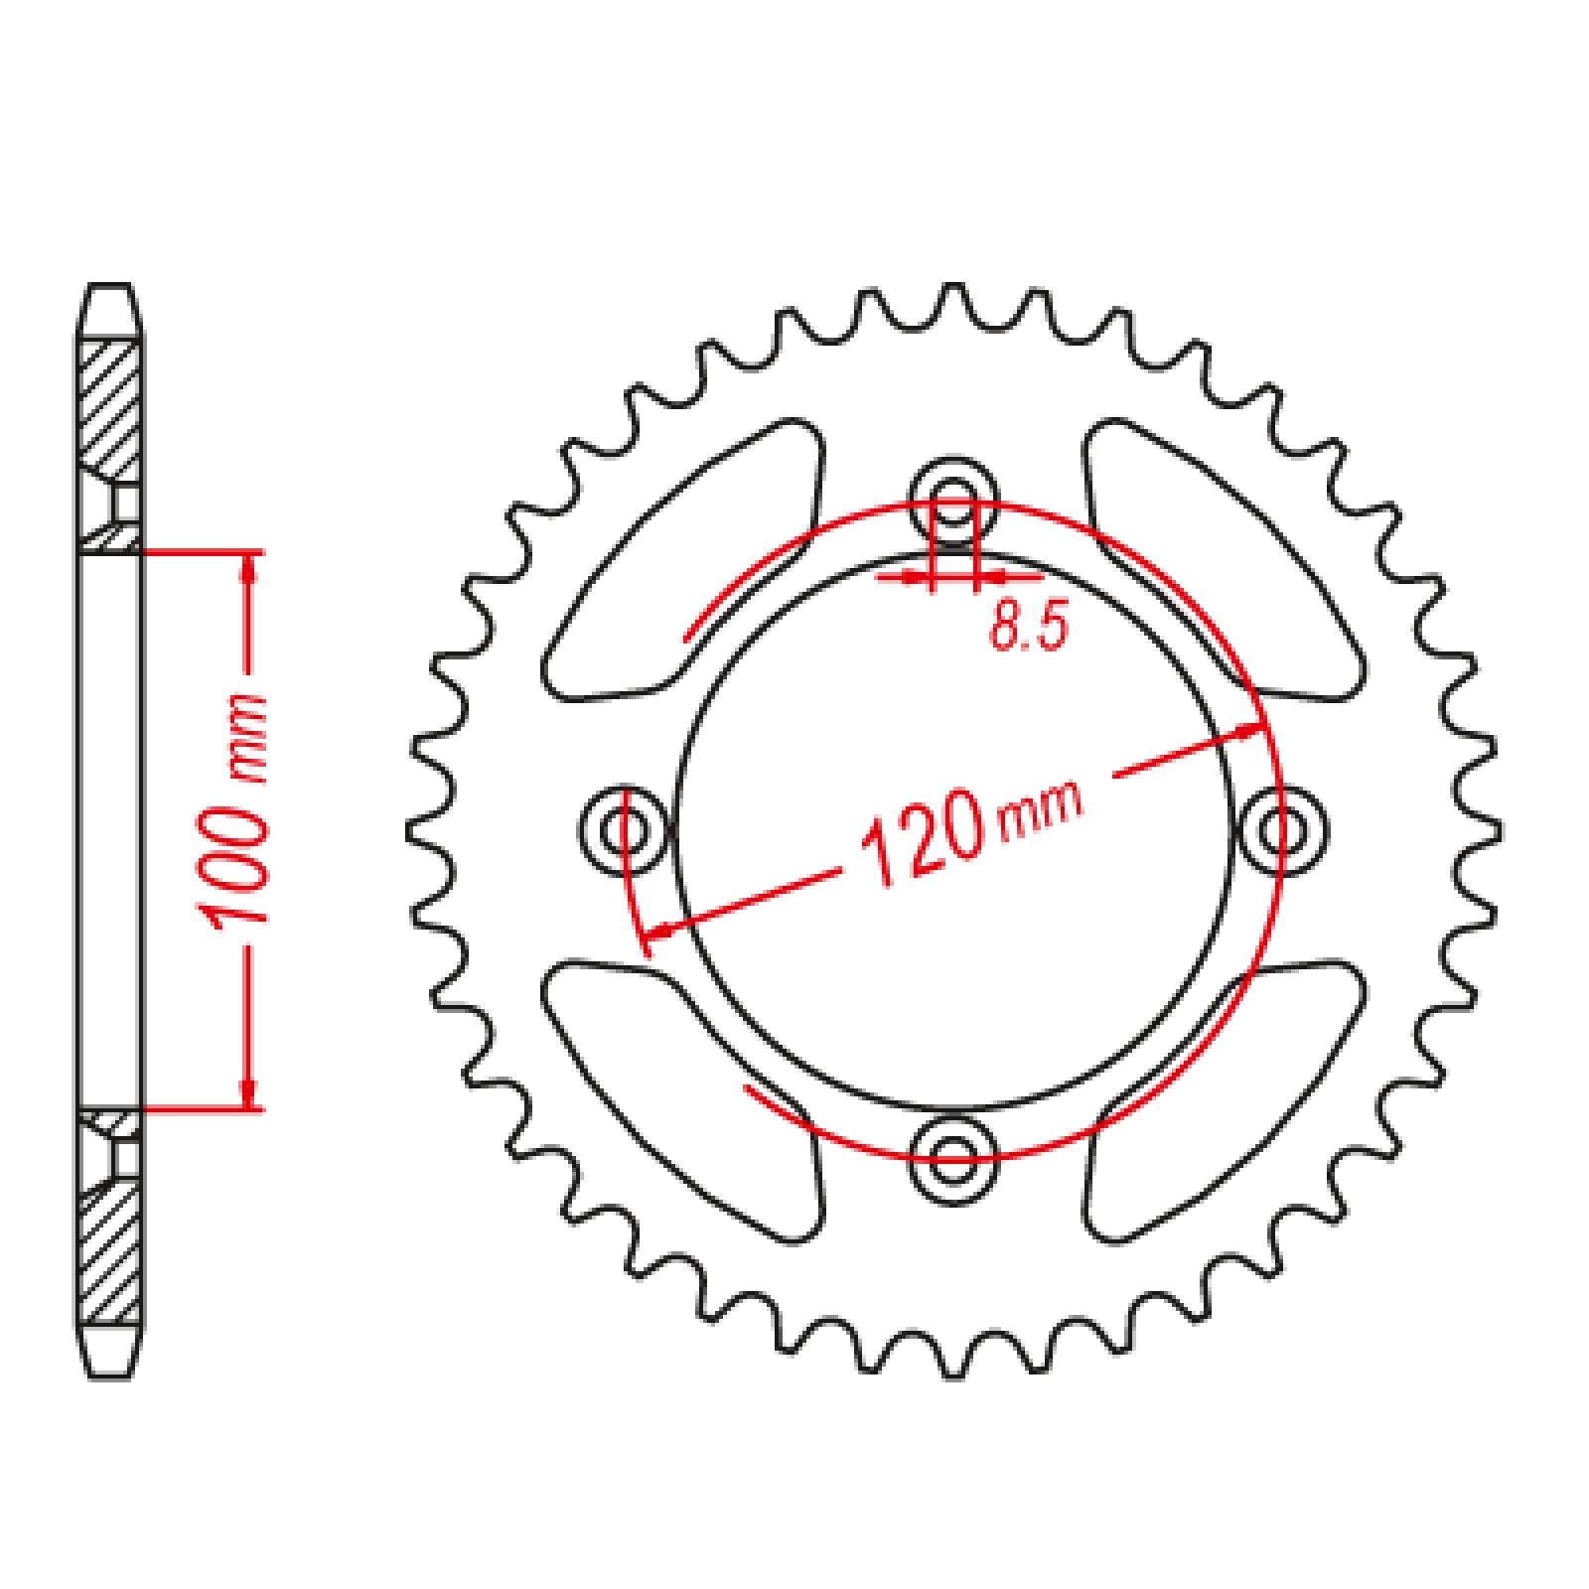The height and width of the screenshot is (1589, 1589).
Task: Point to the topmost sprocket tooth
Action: pos(953,303)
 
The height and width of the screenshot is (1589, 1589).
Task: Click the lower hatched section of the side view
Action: pos(109,1251)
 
